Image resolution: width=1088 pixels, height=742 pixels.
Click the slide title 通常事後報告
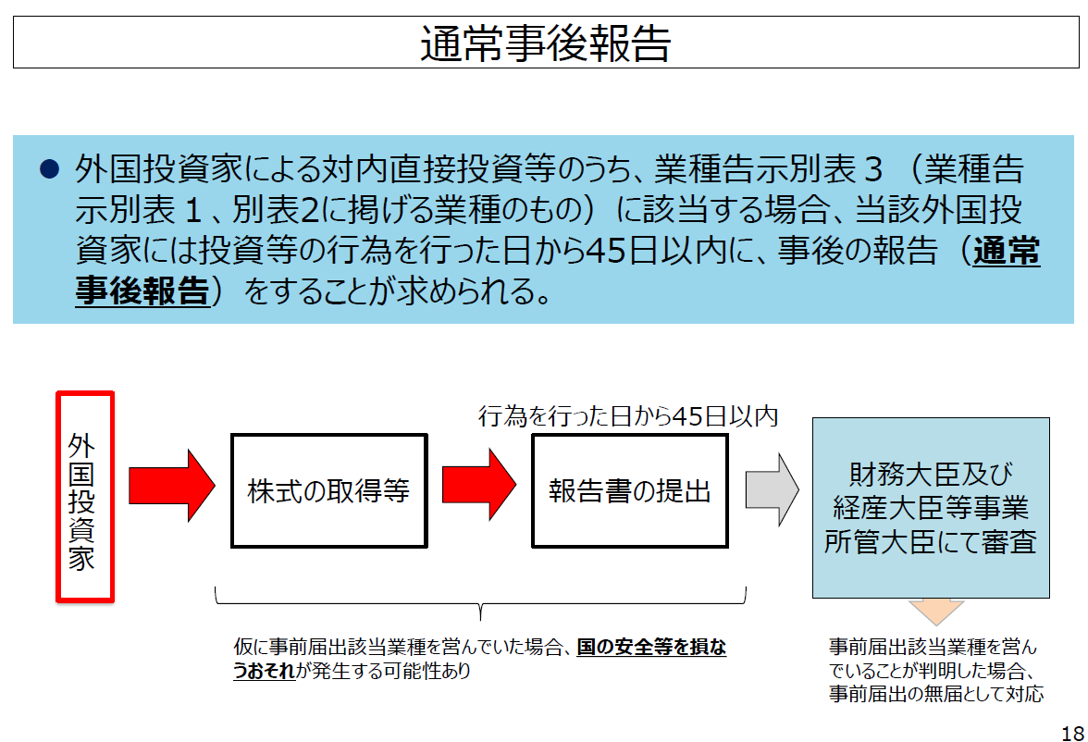click(x=546, y=43)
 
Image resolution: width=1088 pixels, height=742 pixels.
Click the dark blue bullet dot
click(x=49, y=169)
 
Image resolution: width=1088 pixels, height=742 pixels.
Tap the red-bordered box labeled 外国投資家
click(x=85, y=497)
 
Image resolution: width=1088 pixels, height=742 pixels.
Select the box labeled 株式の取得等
click(x=329, y=490)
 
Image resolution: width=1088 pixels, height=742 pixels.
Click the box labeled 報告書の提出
click(x=630, y=490)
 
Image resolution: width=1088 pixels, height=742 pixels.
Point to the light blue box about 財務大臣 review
click(x=931, y=507)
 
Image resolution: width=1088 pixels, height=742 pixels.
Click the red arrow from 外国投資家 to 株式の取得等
click(x=171, y=485)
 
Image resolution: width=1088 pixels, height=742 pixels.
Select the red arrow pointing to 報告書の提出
click(x=479, y=485)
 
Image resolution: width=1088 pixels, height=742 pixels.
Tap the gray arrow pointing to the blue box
click(x=772, y=489)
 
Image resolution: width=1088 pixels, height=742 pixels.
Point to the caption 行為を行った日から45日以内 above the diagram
click(x=628, y=416)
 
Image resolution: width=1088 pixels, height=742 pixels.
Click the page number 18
click(x=1073, y=733)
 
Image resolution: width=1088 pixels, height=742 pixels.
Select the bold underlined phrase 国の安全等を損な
click(x=651, y=647)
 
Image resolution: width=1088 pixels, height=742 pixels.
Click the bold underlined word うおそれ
click(x=265, y=671)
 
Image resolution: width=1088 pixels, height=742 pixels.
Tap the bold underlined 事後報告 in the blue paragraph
click(x=142, y=291)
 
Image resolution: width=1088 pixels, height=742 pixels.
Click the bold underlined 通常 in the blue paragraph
click(x=1007, y=251)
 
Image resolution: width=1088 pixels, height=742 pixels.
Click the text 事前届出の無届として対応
click(x=936, y=693)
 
